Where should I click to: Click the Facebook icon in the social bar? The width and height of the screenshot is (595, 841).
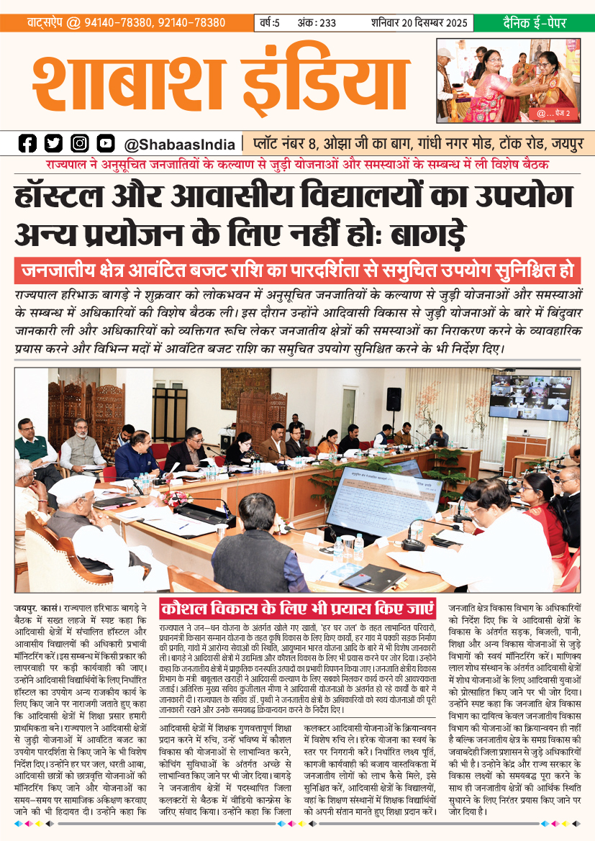coord(27,143)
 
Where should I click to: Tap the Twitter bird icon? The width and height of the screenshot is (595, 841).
coord(53,143)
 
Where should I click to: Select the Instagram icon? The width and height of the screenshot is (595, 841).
coord(79,143)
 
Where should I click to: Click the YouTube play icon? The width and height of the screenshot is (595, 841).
coord(106,143)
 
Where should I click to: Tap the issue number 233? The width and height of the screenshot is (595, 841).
coord(328,23)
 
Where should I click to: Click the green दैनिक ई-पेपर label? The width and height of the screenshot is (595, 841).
coord(532,23)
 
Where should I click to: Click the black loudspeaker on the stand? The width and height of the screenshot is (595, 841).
coord(394,399)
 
